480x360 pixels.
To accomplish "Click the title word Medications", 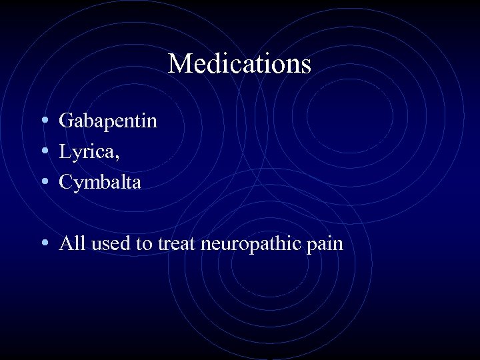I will (x=239, y=64).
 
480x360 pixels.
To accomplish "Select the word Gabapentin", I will (x=108, y=121).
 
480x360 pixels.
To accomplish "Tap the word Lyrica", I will (x=87, y=152).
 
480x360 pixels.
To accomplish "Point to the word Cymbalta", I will (x=100, y=183).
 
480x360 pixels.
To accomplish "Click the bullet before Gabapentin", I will (x=43, y=121).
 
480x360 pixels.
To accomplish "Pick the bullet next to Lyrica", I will (x=43, y=151).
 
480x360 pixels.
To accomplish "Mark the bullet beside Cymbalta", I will (x=43, y=182).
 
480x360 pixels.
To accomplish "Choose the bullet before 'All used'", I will (x=43, y=243).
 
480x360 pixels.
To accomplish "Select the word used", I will (x=109, y=244).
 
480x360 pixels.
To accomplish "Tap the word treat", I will (x=177, y=244).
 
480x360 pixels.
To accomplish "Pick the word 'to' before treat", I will (x=144, y=244).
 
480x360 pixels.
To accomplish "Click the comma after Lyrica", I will (x=118, y=157).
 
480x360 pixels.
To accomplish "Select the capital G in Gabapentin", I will (x=66, y=121).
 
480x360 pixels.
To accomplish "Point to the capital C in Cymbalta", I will (x=65, y=182).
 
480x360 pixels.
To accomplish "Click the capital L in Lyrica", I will (x=65, y=151).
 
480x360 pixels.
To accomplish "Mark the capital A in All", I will (x=65, y=243).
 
